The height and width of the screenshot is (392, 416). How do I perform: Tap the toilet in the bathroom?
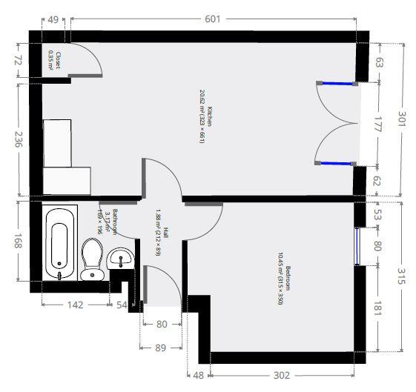pos(93,259)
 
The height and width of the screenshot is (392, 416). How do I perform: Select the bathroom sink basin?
pos(120,259)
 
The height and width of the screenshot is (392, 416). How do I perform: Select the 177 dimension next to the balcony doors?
pos(376,124)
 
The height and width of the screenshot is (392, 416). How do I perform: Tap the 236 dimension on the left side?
pos(19,139)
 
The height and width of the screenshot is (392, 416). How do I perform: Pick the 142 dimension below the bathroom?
pos(75,305)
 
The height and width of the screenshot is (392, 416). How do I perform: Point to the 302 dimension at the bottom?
pos(281,376)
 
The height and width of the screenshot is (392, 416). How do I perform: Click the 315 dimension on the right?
pos(401,276)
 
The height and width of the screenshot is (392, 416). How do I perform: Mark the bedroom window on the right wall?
pos(358,246)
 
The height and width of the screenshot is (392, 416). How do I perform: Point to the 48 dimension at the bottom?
pos(198,376)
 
